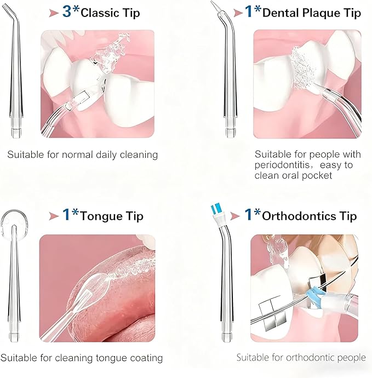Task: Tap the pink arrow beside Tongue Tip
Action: click(53, 216)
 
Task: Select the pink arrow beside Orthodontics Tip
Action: click(236, 215)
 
